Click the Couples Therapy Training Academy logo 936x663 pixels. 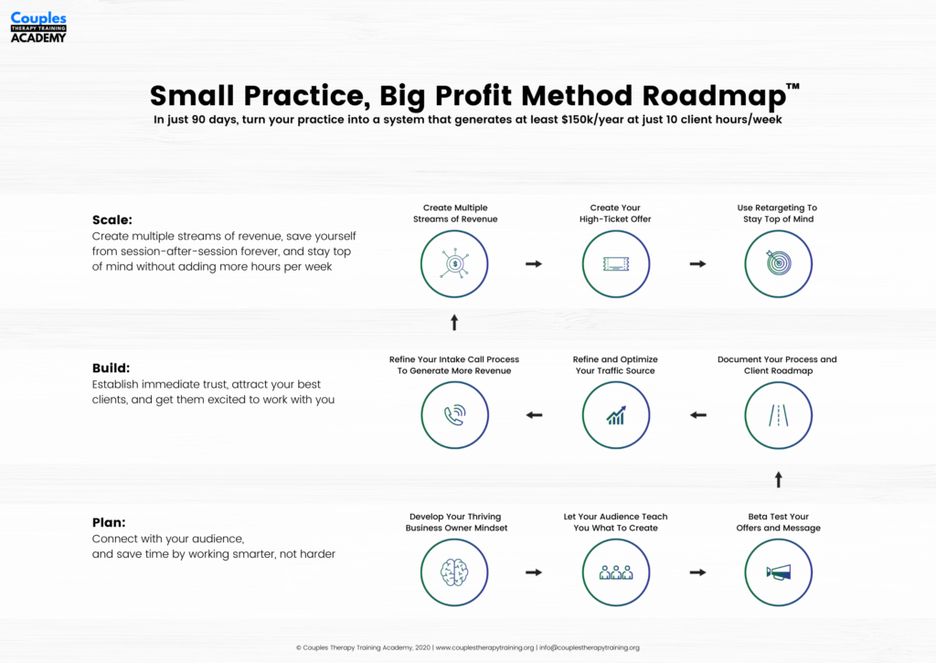pyautogui.click(x=38, y=27)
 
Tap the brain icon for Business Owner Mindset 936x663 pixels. pyautogui.click(x=454, y=572)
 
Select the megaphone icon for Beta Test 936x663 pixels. pyautogui.click(x=779, y=572)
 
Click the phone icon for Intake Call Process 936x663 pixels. pyautogui.click(x=455, y=415)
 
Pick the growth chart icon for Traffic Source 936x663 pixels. pyautogui.click(x=616, y=415)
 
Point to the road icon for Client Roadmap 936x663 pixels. pyautogui.click(x=779, y=415)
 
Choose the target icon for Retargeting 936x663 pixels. pyautogui.click(x=779, y=262)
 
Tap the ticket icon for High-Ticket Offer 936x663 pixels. pyautogui.click(x=616, y=263)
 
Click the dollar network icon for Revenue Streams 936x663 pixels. pyautogui.click(x=455, y=263)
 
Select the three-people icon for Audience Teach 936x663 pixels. pyautogui.click(x=616, y=572)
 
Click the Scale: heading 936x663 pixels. pyautogui.click(x=112, y=219)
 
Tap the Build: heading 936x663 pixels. pyautogui.click(x=111, y=368)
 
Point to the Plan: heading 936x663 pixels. pyautogui.click(x=109, y=523)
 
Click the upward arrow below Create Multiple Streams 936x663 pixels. pyautogui.click(x=454, y=323)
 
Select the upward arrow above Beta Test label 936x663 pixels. pyautogui.click(x=779, y=479)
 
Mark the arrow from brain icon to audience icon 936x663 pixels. pyautogui.click(x=534, y=572)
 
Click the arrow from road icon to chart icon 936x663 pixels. pyautogui.click(x=698, y=415)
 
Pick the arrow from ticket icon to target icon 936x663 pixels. pyautogui.click(x=697, y=263)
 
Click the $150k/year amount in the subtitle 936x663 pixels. pyautogui.click(x=592, y=120)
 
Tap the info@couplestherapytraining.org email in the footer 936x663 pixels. pyautogui.click(x=590, y=647)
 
